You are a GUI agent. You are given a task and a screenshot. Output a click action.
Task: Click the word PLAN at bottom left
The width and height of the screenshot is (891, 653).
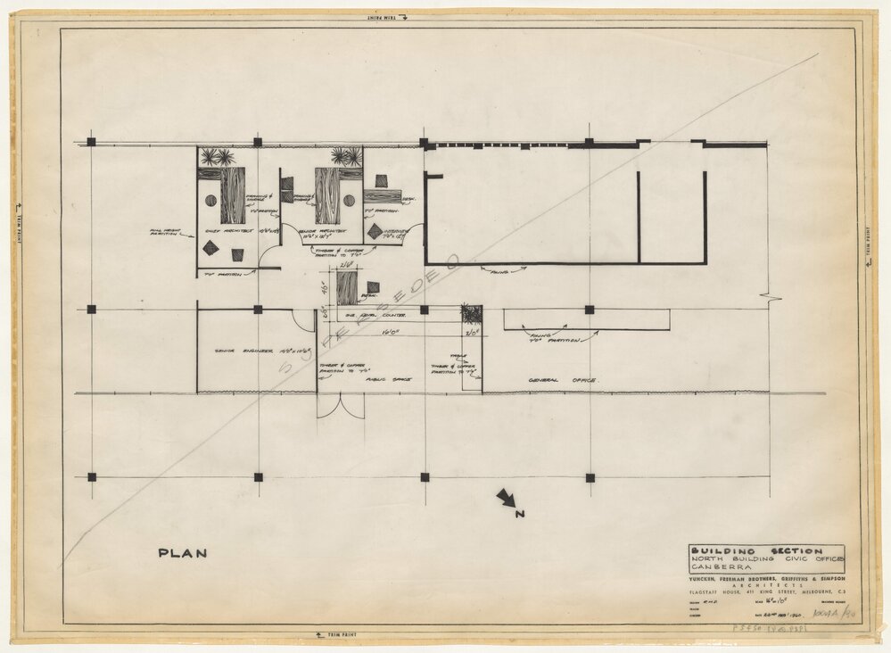click(182, 553)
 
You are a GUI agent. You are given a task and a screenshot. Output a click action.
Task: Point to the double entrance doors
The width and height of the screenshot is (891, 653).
click(341, 406)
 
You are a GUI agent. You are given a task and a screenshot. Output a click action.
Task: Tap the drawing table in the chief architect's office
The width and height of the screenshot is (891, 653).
click(233, 195)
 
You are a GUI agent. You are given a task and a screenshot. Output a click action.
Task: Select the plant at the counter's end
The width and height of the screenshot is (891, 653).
click(471, 314)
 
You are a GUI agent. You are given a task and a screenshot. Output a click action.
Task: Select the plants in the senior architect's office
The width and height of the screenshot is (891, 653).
click(346, 157)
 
